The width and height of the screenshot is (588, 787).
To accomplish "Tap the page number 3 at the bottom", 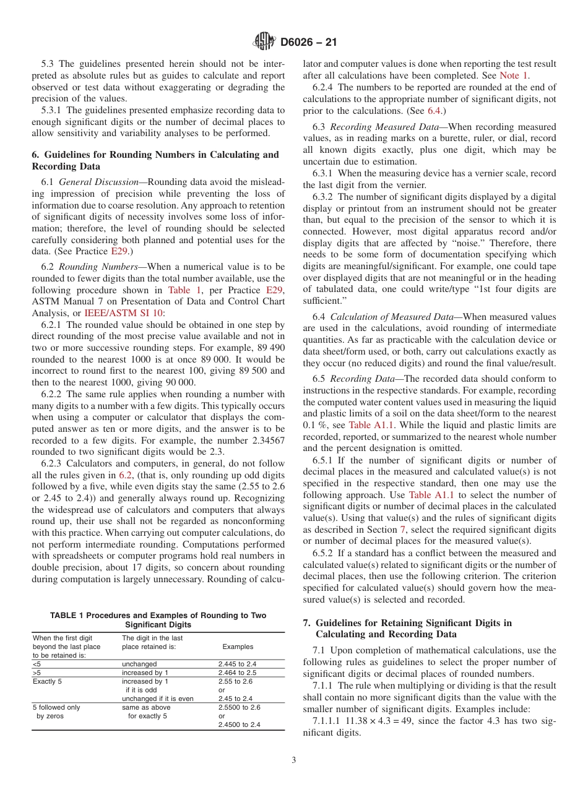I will [294, 760].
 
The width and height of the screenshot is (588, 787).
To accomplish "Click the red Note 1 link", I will [514, 75].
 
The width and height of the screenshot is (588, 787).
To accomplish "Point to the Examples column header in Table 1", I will [238, 647].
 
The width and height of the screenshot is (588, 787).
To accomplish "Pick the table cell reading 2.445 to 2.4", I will [237, 664].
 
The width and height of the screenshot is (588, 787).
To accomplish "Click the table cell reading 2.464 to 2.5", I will [237, 673].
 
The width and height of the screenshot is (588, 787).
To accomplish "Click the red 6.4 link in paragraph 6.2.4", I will [435, 111].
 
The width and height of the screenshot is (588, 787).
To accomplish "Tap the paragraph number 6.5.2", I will [325, 553].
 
